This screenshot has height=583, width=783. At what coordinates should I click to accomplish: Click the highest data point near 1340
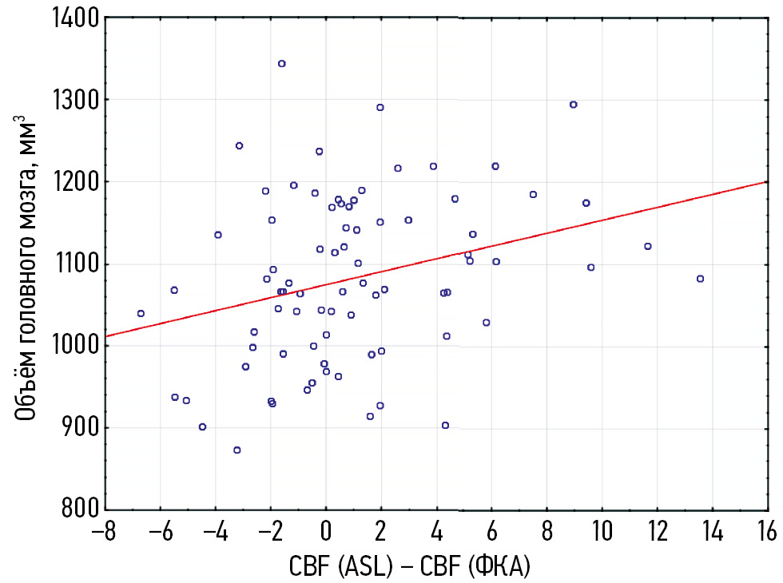pyautogui.click(x=281, y=63)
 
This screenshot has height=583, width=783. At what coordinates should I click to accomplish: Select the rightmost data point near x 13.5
pyautogui.click(x=700, y=279)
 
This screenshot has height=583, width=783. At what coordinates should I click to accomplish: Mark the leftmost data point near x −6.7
pyautogui.click(x=141, y=313)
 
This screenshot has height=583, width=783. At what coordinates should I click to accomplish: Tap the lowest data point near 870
pyautogui.click(x=236, y=450)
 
